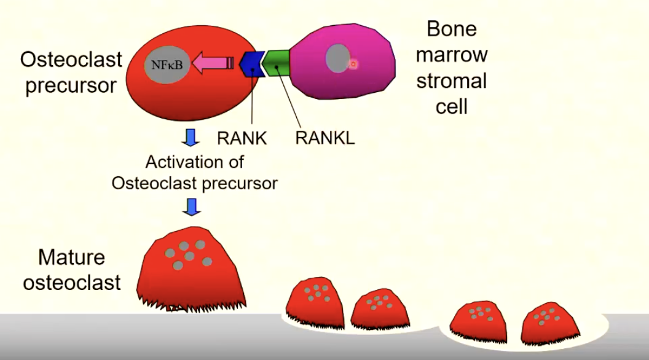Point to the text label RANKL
[324, 138]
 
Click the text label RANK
[242, 138]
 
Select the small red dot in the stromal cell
[353, 63]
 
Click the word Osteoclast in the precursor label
[71, 60]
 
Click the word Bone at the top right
[452, 28]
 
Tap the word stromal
[452, 81]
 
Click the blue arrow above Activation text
[192, 136]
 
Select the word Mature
[71, 257]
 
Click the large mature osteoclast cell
[186, 267]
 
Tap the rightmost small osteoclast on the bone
[548, 323]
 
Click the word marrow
[452, 55]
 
